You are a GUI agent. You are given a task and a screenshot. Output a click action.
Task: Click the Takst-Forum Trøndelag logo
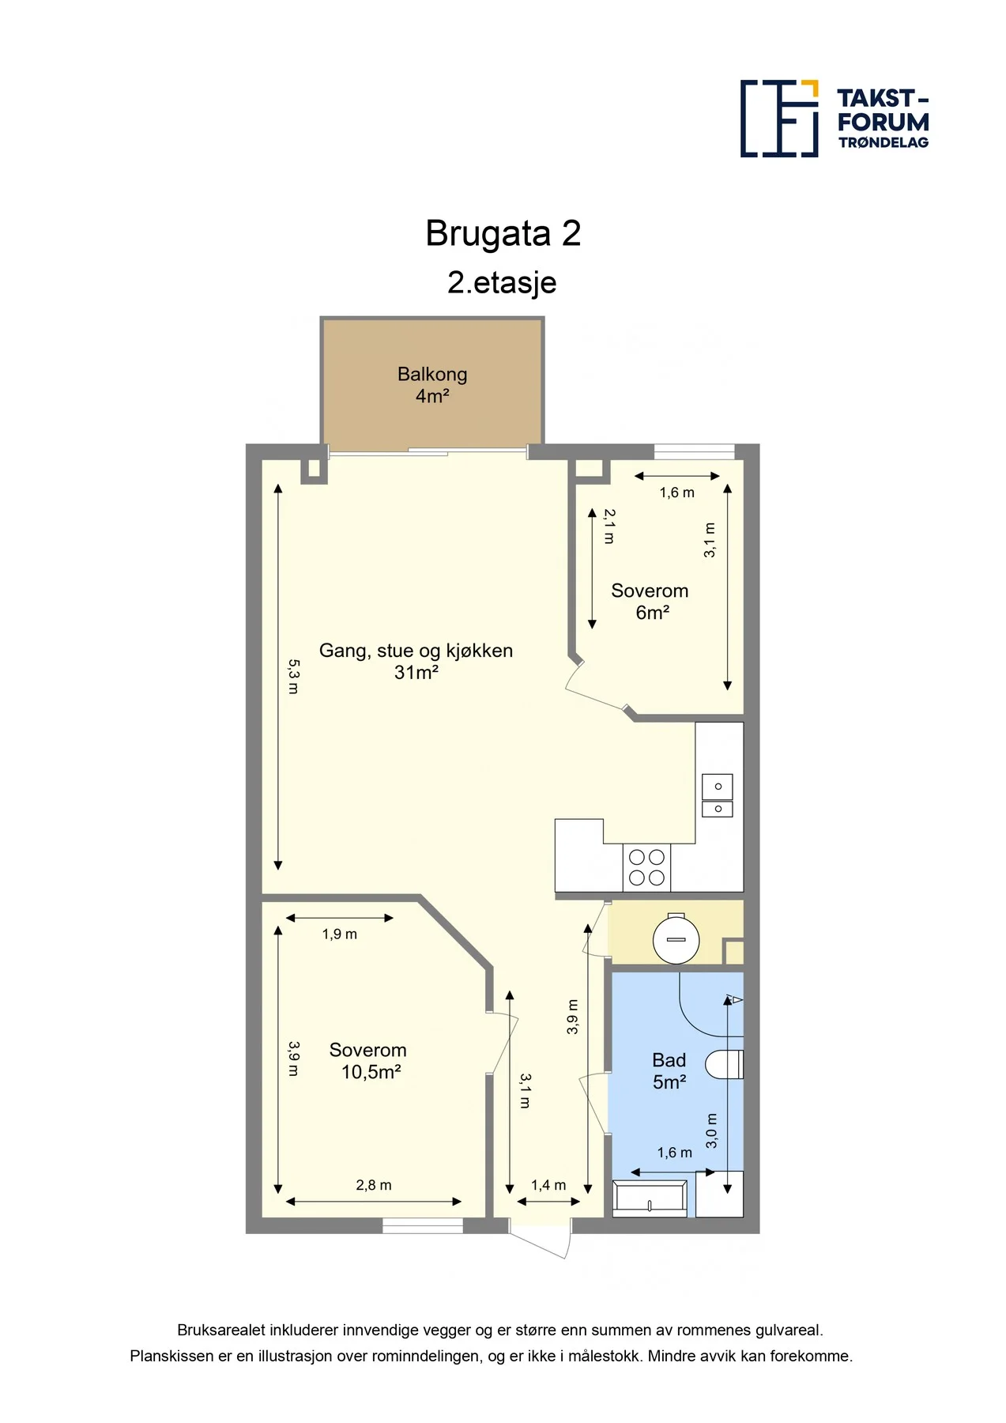835,119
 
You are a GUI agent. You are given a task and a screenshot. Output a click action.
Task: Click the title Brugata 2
503,233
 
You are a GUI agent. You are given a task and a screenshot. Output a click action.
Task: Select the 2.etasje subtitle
502,282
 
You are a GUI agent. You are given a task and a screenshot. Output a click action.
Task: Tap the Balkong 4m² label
432,384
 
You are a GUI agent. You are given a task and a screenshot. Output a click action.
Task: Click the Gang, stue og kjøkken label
416,651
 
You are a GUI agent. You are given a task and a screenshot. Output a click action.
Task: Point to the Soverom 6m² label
650,602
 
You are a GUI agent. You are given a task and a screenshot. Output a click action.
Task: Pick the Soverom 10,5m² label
368,1061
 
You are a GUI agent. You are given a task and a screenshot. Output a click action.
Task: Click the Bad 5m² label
669,1071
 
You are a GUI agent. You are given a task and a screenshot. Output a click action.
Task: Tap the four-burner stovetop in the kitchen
646,867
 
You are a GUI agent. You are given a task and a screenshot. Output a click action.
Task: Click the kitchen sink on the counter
718,795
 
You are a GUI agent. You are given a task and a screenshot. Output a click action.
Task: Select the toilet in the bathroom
724,1064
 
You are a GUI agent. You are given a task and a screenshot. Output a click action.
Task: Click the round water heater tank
676,938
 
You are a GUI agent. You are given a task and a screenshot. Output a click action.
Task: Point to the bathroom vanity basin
650,1198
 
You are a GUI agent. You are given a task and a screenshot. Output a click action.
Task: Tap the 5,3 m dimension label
293,677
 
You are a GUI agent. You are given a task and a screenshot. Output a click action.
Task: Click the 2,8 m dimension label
374,1185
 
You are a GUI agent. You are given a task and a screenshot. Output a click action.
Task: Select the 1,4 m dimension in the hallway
548,1185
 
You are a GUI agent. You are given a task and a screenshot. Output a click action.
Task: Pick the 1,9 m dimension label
340,934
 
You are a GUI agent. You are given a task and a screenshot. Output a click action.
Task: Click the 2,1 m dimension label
609,526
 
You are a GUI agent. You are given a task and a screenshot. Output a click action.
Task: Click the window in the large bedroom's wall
423,1225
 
